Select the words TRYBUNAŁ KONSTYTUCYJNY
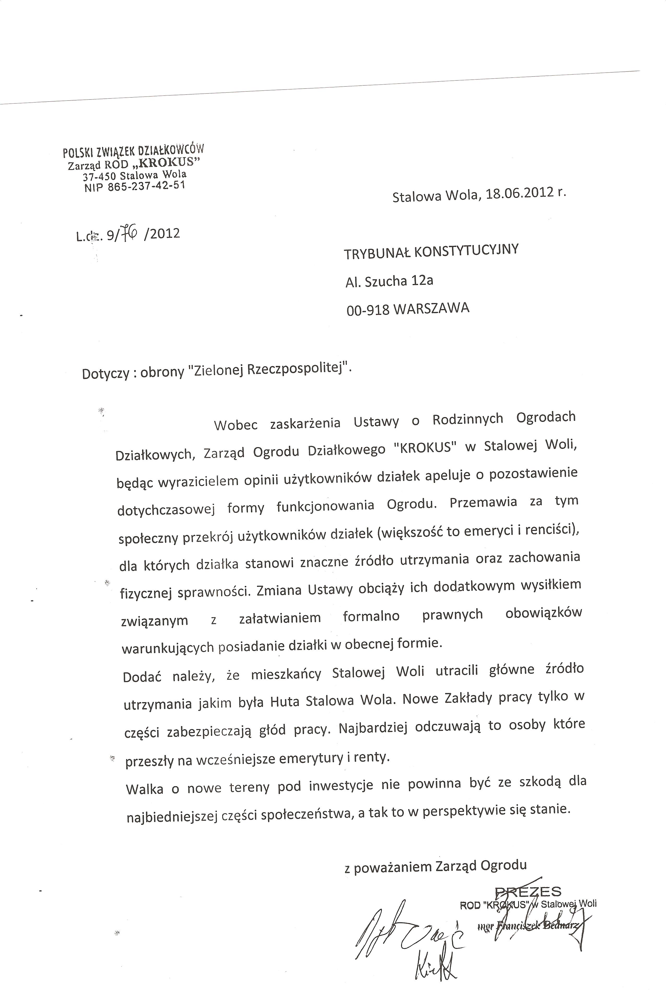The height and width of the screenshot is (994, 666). (431, 251)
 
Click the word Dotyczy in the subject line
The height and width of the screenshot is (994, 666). (105, 374)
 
